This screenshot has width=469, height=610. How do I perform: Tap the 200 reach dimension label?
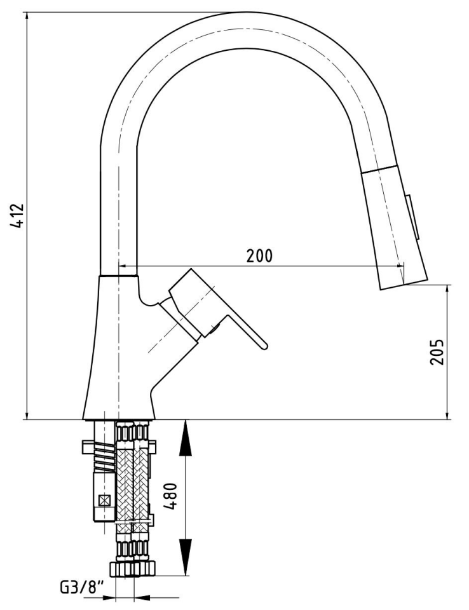tap(260, 255)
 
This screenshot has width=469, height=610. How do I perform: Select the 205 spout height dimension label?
tap(437, 351)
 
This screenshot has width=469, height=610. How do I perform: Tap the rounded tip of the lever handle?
tap(264, 346)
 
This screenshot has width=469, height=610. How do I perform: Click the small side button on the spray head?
tap(413, 217)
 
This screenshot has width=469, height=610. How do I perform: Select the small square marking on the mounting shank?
tap(105, 500)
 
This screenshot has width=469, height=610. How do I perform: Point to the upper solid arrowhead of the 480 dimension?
tap(185, 438)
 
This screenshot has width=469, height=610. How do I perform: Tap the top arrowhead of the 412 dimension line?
tap(27, 18)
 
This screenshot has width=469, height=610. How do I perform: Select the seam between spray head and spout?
tap(378, 169)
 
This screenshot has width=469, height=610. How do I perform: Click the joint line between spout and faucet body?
tap(118, 276)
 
